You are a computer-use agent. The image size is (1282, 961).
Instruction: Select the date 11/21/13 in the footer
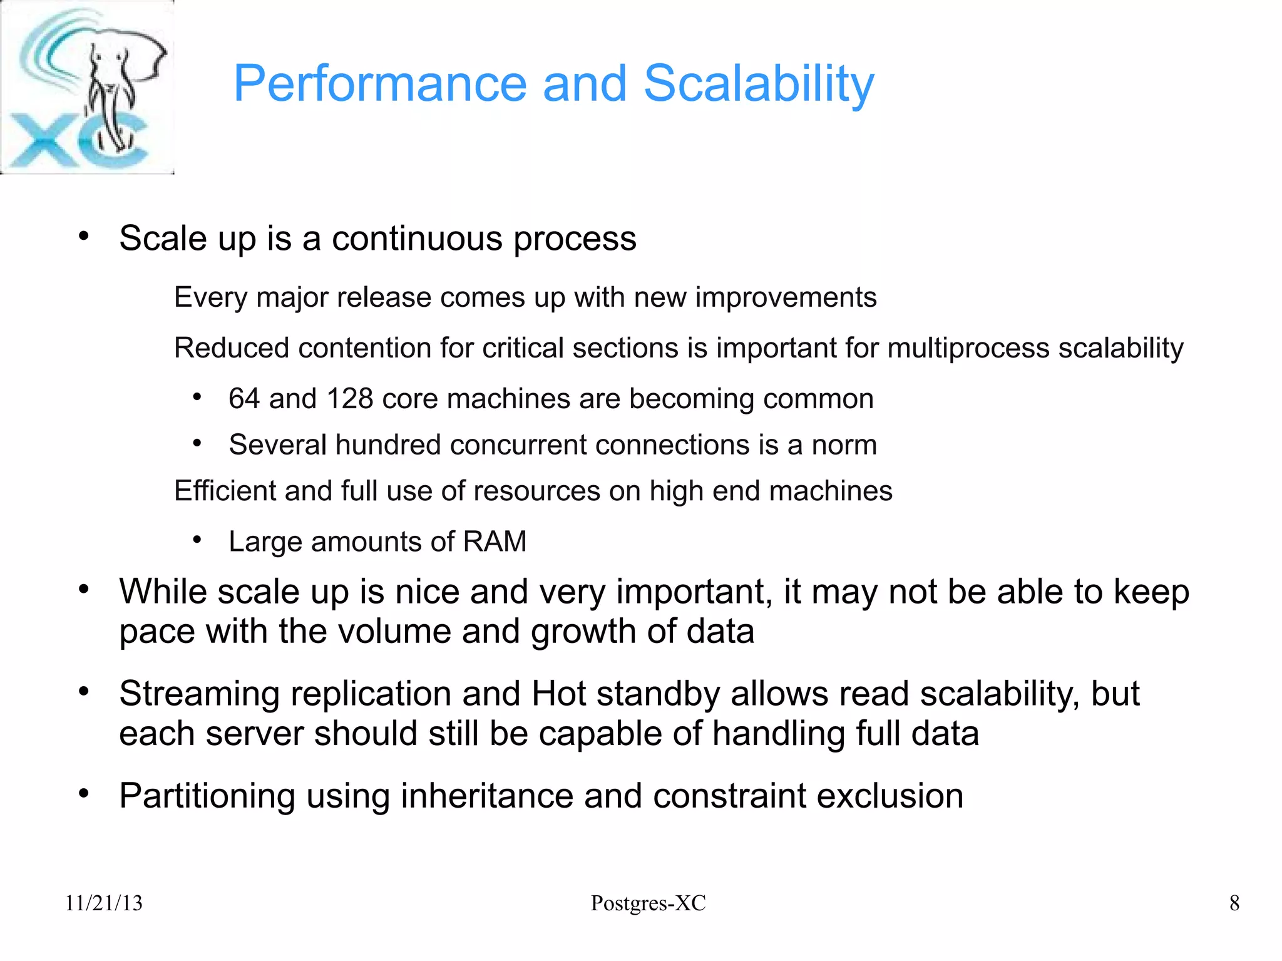point(104,903)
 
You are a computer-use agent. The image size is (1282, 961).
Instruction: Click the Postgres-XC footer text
point(648,903)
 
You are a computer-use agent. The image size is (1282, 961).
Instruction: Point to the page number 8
point(1234,903)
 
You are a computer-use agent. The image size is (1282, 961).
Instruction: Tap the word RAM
point(494,542)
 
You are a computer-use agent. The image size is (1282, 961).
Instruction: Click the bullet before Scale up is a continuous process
point(84,237)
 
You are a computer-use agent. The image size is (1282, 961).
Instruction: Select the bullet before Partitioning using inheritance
point(84,794)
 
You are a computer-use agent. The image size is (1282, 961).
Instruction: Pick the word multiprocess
point(968,348)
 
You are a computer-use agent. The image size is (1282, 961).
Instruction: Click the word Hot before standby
point(558,694)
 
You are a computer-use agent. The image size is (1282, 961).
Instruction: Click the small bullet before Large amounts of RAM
point(197,540)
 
